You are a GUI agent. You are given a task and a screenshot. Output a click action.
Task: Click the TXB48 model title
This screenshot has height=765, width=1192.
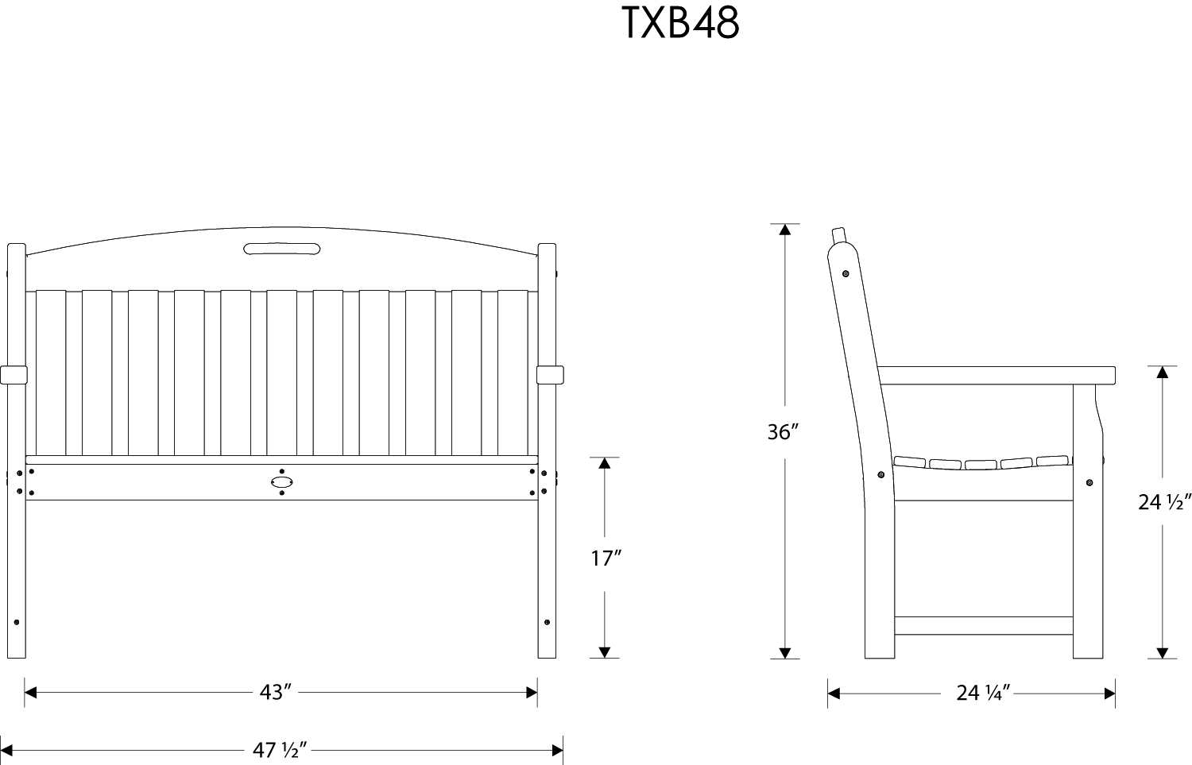pyautogui.click(x=679, y=24)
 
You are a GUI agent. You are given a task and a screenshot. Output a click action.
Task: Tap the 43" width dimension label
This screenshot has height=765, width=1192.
pyautogui.click(x=273, y=693)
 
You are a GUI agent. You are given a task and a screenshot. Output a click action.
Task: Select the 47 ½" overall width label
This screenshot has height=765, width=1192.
pyautogui.click(x=280, y=749)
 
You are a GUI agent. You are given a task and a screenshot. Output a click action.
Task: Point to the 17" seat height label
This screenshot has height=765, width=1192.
pyautogui.click(x=605, y=558)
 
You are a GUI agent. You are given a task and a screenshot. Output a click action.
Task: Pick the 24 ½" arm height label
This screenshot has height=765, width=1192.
pyautogui.click(x=1163, y=502)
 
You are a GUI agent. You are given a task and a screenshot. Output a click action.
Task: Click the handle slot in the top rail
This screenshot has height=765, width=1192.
pyautogui.click(x=281, y=249)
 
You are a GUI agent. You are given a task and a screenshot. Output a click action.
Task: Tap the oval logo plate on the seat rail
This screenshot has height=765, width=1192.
pyautogui.click(x=281, y=481)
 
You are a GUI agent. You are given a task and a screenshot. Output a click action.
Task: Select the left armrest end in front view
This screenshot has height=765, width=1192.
pyautogui.click(x=14, y=374)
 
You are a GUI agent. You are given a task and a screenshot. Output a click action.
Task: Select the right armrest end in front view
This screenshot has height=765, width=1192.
pyautogui.click(x=549, y=374)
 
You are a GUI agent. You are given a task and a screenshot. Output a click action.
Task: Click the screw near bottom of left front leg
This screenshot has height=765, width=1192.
pyautogui.click(x=17, y=622)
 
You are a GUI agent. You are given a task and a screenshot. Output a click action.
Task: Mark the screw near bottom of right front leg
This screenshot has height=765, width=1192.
pyautogui.click(x=547, y=622)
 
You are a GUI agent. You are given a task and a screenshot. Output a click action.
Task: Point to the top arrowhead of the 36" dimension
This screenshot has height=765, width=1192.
pyautogui.click(x=785, y=230)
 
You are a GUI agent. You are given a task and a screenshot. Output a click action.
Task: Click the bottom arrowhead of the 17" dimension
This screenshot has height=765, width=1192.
pyautogui.click(x=605, y=652)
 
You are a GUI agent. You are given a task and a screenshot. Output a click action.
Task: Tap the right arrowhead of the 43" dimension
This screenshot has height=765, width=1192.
pyautogui.click(x=532, y=693)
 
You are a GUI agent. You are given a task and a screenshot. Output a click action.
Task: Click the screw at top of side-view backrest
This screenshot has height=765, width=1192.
pyautogui.click(x=846, y=274)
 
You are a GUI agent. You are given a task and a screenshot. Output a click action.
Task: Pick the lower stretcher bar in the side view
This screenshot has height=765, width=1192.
pyautogui.click(x=984, y=626)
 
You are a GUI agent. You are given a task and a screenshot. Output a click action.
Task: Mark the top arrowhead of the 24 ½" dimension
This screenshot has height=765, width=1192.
pyautogui.click(x=1163, y=372)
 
